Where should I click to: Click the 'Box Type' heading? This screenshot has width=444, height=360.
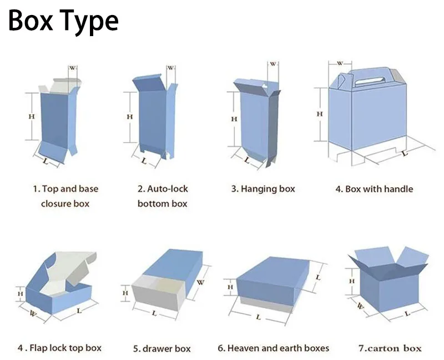[x=63, y=21]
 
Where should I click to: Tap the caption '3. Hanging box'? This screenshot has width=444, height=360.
[x=263, y=189]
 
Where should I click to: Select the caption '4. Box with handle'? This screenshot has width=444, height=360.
[x=374, y=189]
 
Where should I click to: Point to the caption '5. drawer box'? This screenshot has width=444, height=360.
[x=162, y=349]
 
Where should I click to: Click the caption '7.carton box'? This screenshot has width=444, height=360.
[x=390, y=348]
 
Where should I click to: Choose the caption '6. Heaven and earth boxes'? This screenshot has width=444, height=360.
[x=273, y=348]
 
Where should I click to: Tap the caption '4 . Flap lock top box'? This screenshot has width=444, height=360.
[x=59, y=348]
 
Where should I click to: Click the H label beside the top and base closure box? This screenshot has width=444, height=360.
[x=32, y=117]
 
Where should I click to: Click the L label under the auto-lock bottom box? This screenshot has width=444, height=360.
[x=144, y=161]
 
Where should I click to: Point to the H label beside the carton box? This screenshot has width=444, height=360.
[x=351, y=282]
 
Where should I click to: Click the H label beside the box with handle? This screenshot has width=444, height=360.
[x=320, y=114]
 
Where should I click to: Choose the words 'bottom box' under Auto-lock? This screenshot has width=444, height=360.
[x=162, y=204]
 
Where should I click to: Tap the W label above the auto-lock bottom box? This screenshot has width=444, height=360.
[x=171, y=68]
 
